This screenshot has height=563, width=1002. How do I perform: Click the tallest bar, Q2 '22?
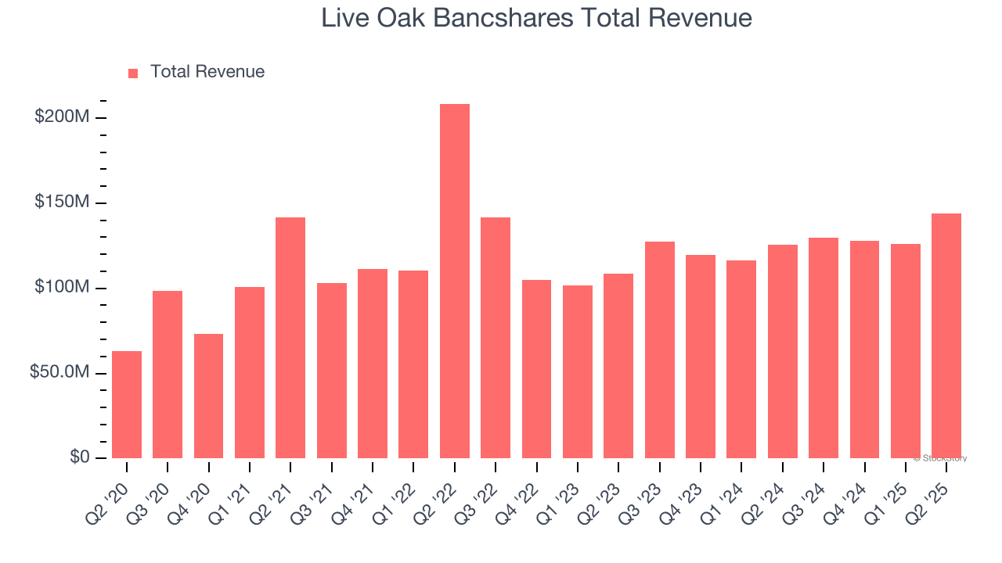(455, 281)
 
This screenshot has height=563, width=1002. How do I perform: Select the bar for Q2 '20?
(127, 405)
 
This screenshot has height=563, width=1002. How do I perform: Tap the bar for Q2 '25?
(946, 336)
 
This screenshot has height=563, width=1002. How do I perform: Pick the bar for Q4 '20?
(209, 396)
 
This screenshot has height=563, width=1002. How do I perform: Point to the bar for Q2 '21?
(290, 338)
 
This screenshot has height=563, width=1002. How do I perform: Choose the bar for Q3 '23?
(660, 350)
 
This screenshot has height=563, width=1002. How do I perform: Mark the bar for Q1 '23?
(578, 372)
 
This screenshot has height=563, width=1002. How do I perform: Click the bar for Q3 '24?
(824, 348)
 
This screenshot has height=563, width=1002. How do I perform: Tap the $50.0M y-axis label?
(59, 372)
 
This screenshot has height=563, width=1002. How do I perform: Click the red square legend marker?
(133, 73)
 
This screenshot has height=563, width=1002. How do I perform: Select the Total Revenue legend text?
(207, 72)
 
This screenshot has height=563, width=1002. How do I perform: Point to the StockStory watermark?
(940, 458)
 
